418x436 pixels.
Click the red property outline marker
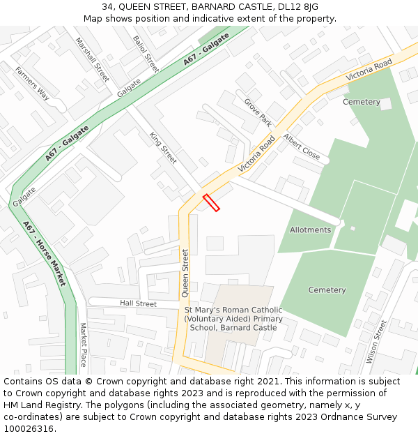tap(211, 202)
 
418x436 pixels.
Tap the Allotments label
tap(310, 230)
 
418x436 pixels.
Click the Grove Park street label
tap(258, 112)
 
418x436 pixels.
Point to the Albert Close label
tap(302, 147)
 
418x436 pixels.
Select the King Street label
tap(164, 148)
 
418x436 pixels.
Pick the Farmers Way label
tap(33, 84)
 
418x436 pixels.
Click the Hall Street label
tap(138, 303)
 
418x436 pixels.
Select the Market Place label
tap(83, 345)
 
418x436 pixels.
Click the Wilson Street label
tap(376, 341)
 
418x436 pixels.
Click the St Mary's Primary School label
tap(233, 319)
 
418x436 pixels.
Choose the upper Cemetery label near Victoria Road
tap(362, 102)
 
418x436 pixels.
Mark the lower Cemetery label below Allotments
tap(327, 290)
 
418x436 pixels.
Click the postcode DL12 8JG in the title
tap(296, 7)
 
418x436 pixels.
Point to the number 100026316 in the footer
tap(28, 428)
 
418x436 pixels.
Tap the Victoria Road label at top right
tap(369, 69)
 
